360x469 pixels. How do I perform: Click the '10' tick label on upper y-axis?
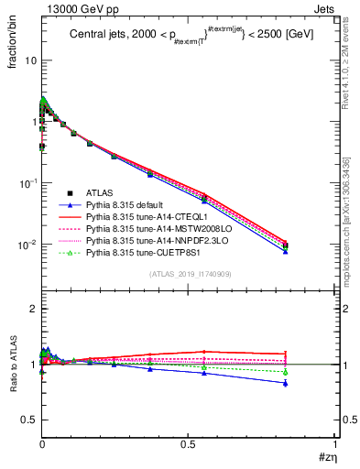tap(30, 60)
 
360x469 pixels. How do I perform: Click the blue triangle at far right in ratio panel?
tap(287, 383)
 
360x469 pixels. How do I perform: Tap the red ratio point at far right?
tap(287, 354)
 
